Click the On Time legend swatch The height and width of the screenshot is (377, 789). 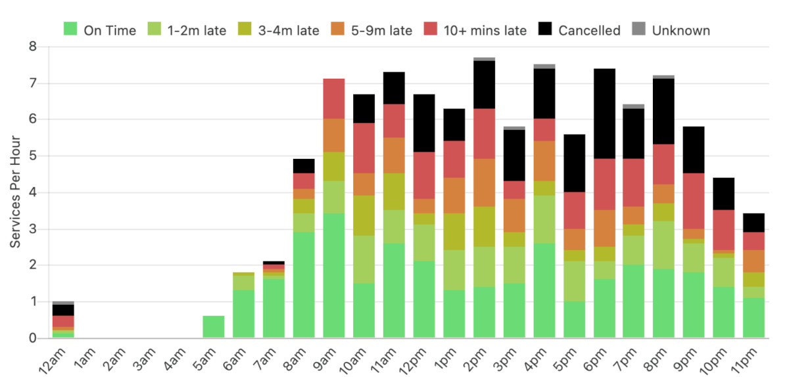(x=70, y=30)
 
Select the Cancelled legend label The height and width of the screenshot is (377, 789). (x=589, y=30)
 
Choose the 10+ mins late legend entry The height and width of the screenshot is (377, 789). (x=485, y=30)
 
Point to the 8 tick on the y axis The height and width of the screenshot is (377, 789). (x=32, y=47)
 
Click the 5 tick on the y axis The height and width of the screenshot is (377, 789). (x=32, y=156)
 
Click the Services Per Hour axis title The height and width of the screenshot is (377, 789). (x=15, y=191)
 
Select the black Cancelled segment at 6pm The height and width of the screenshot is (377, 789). (x=605, y=114)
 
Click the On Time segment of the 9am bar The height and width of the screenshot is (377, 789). (x=334, y=276)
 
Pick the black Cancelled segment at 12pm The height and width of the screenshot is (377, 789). (x=424, y=123)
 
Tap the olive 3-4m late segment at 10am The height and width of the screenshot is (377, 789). (x=364, y=215)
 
